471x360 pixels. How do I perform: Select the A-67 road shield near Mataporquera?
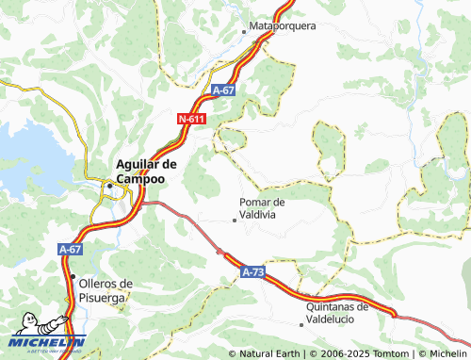pos(223,90)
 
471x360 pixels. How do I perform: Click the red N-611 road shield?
pos(191,120)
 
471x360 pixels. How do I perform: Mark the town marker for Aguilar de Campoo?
pos(110,186)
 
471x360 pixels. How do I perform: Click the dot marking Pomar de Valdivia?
pos(235,221)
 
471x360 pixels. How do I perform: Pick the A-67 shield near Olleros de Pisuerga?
pos(70,250)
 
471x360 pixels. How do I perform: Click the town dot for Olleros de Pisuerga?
pos(73,276)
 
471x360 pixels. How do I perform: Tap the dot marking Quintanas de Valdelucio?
pos(301,324)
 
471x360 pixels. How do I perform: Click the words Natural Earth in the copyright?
pos(268,353)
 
